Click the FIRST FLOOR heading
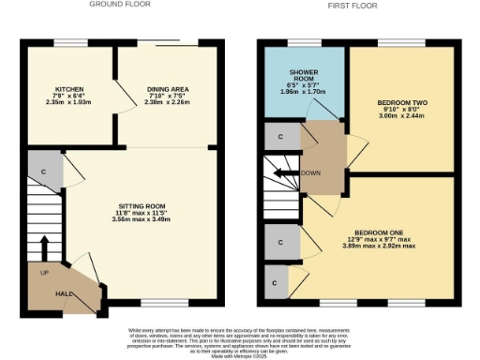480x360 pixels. (x=352, y=5)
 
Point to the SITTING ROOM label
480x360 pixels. (x=142, y=205)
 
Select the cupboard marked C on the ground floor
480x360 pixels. (x=43, y=172)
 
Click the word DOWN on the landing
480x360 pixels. (x=312, y=173)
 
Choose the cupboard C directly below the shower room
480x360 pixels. (x=281, y=136)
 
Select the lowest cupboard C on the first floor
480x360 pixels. (x=275, y=282)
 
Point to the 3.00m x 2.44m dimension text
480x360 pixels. (x=402, y=118)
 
